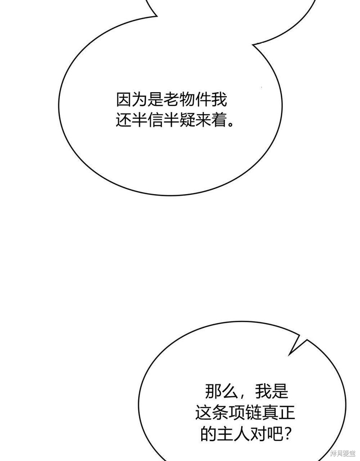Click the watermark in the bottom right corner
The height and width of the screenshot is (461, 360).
click(x=343, y=453)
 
